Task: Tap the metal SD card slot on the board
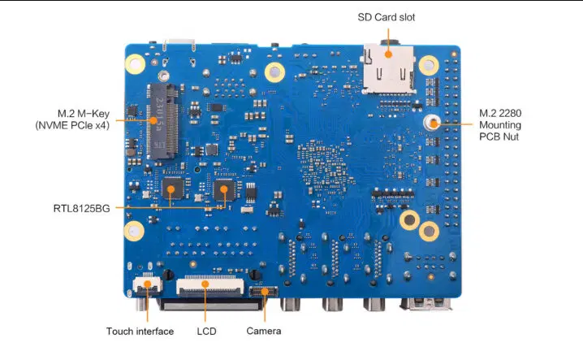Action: [388, 68]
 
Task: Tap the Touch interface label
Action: [140, 331]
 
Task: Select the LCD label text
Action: [206, 331]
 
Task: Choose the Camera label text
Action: [264, 331]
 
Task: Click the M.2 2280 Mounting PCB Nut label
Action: [500, 124]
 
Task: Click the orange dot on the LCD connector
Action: [206, 284]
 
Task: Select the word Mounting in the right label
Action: [500, 125]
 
